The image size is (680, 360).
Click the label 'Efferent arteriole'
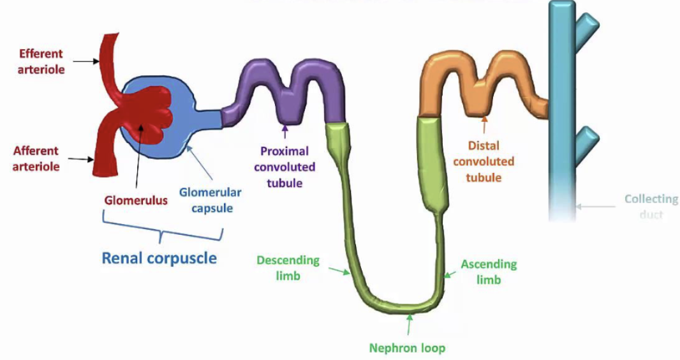pos(41,62)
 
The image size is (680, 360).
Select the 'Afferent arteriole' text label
pos(36,159)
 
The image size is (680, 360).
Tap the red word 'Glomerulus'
pos(136,200)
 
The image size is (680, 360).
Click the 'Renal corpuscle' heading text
pos(159,258)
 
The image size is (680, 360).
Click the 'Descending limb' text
pos(288,268)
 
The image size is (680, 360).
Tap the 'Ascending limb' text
pos(489,272)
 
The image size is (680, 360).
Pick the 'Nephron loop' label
pos(407,349)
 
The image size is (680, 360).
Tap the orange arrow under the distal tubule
pos(484,123)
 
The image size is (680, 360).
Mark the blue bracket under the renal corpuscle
pos(162,232)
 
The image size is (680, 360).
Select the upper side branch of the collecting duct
pos(586,26)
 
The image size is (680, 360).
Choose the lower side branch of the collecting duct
pos(587,138)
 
